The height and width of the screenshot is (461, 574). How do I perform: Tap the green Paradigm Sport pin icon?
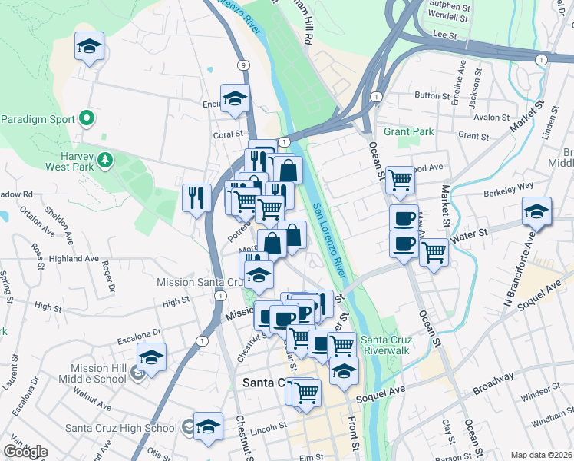(x=87, y=119)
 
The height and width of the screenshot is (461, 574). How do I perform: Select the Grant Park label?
(x=409, y=131)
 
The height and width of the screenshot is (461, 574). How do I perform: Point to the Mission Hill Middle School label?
(x=97, y=373)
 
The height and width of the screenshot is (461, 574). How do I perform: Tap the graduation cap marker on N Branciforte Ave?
(x=536, y=210)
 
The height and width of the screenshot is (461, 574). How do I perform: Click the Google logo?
(x=25, y=451)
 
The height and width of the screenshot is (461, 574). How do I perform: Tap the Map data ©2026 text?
(x=541, y=455)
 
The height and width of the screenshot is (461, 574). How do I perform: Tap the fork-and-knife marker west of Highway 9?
(x=197, y=197)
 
